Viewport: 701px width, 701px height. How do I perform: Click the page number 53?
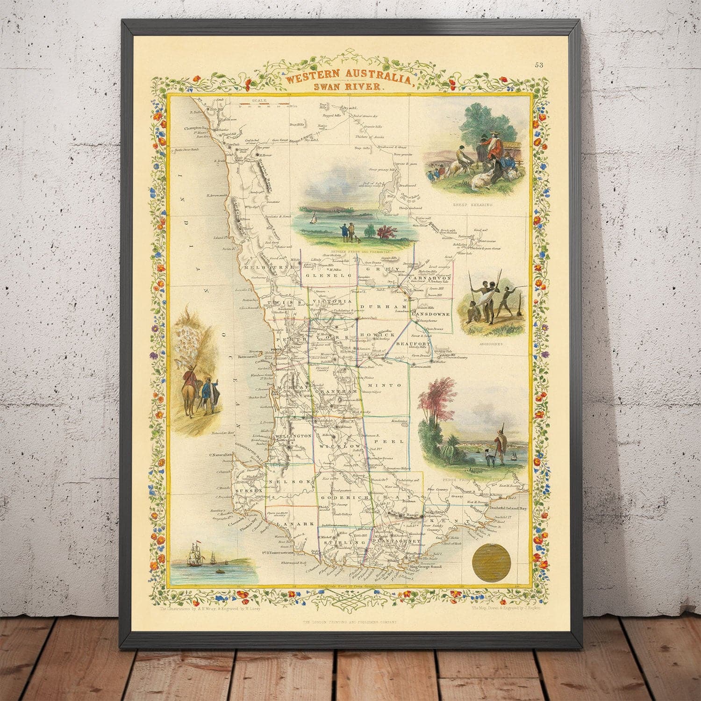tap(539, 65)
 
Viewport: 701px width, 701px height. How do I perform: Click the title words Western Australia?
tap(350, 78)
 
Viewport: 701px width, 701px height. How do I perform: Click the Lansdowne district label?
tap(431, 315)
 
